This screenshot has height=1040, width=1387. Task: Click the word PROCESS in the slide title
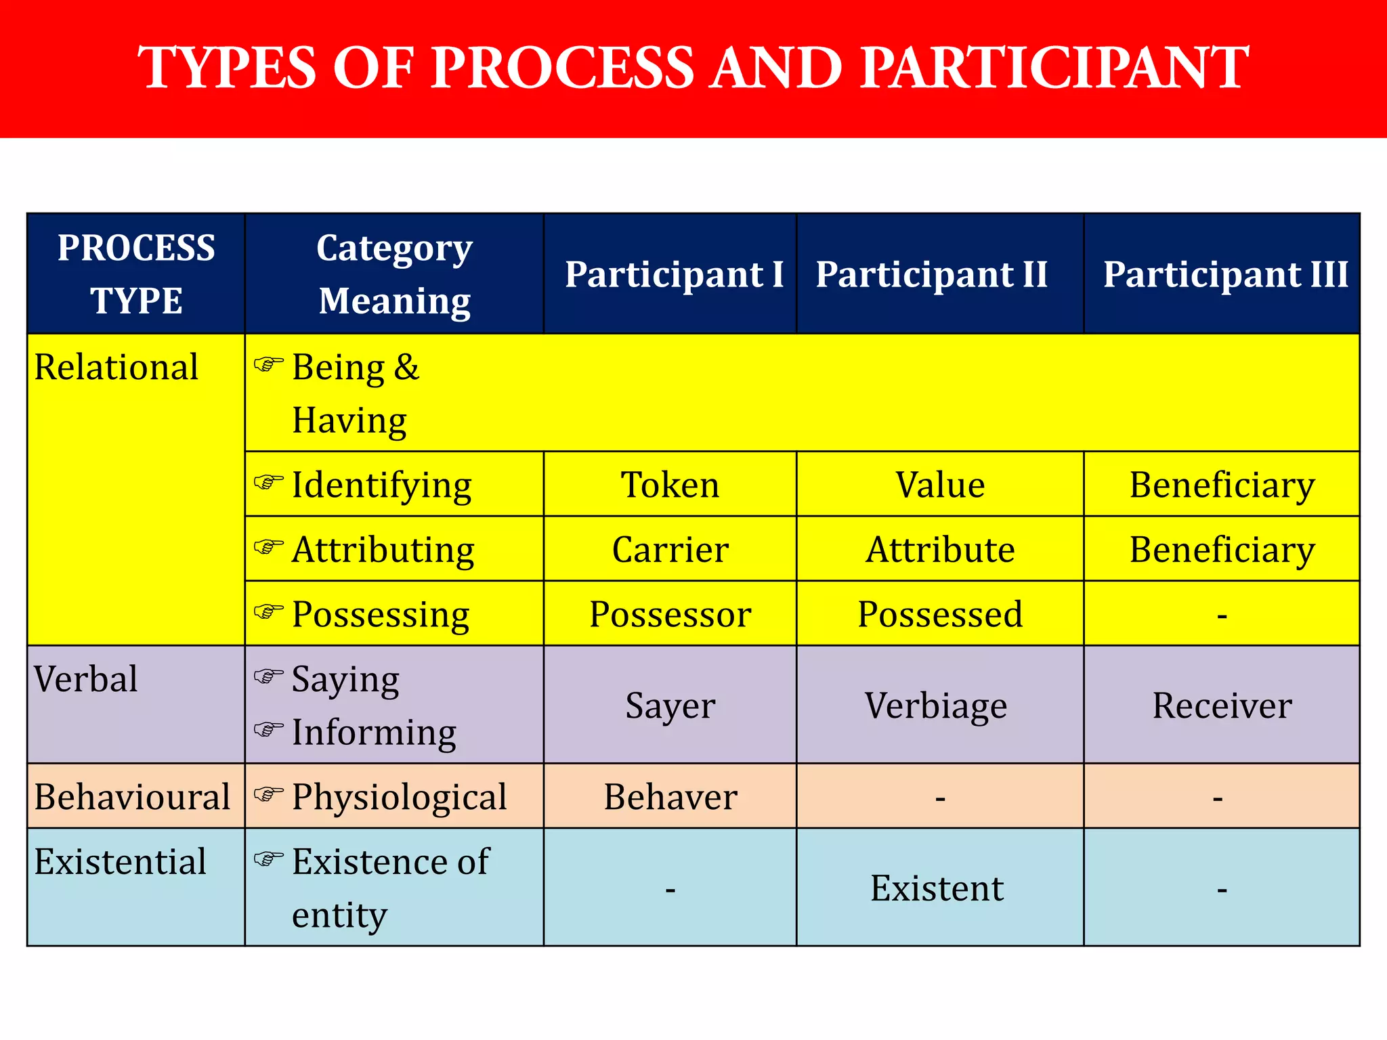(563, 68)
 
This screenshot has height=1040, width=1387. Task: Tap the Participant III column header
(1225, 274)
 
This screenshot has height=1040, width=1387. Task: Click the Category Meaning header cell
(394, 274)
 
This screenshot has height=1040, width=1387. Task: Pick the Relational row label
(116, 368)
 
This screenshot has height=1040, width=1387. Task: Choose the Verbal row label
(86, 679)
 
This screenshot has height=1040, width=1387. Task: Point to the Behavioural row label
(133, 797)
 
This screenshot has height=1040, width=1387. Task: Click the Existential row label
(121, 862)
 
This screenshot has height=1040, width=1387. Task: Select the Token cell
(670, 485)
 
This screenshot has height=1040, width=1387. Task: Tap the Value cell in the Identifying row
(940, 485)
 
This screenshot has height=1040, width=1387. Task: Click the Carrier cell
(670, 549)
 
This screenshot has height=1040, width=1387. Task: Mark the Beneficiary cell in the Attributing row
(1222, 549)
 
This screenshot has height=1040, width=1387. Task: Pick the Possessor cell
(670, 614)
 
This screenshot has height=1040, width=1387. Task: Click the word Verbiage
(936, 706)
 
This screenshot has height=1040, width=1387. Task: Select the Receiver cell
(1222, 706)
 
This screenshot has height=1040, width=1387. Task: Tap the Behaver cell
(670, 797)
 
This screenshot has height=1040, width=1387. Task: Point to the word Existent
(937, 888)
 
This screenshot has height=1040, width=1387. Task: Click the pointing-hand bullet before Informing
(268, 729)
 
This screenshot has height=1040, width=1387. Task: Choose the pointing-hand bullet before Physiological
(268, 794)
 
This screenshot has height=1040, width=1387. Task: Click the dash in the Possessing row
(1222, 616)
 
